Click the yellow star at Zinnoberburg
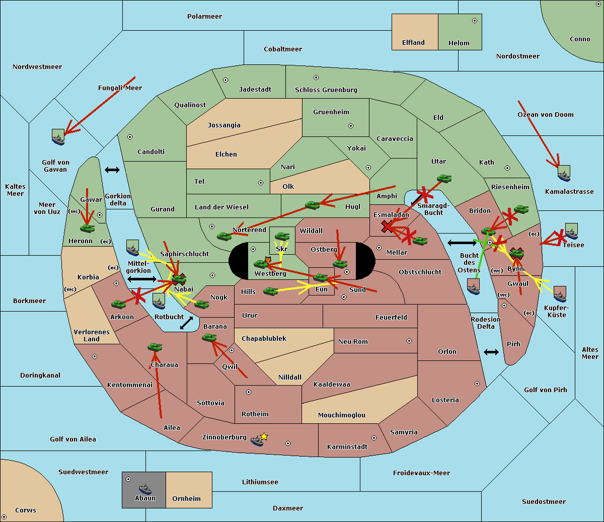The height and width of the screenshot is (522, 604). click(264, 436)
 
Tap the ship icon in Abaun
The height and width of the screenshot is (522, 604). click(145, 489)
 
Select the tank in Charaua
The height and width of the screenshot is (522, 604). click(155, 347)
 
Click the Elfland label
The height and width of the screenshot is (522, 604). click(413, 43)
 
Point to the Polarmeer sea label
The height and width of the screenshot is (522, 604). click(204, 17)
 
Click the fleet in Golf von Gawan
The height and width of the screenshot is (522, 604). click(58, 137)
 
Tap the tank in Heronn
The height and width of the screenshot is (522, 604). click(88, 228)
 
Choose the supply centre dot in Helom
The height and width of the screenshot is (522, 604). click(475, 21)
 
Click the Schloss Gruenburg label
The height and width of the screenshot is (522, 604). click(326, 90)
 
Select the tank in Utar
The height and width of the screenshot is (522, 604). click(444, 178)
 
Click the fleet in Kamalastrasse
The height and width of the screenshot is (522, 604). click(564, 173)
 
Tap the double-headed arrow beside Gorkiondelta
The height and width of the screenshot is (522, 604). click(112, 170)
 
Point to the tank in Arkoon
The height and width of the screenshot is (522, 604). click(119, 304)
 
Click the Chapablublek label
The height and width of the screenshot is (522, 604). click(264, 338)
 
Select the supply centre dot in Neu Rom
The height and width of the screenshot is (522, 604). click(409, 341)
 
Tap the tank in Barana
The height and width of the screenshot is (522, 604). click(209, 338)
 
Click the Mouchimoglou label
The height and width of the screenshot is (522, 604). click(342, 415)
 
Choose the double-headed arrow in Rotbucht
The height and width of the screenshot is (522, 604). click(186, 323)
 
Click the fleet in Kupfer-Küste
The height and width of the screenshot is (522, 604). click(560, 294)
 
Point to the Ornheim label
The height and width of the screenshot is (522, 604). click(186, 498)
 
